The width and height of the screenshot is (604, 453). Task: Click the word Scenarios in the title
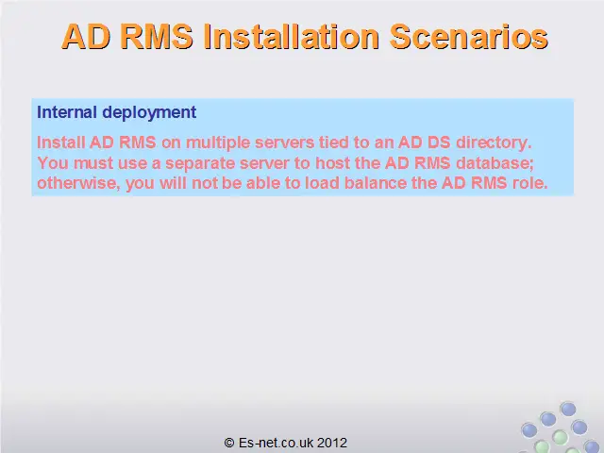point(468,37)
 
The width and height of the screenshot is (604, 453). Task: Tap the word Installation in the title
point(292,37)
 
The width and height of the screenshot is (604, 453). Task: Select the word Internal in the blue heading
point(67,112)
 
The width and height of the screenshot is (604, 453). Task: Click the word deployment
point(149,113)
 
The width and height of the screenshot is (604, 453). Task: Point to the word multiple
point(218,143)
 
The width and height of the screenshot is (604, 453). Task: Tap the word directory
point(494,143)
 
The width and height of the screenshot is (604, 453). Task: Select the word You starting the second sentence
point(53,163)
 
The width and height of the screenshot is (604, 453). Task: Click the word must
point(93,163)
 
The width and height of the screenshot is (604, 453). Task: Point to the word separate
point(200,164)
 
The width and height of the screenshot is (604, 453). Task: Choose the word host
point(333,163)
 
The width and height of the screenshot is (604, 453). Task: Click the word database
point(495,163)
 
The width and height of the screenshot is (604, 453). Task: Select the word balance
point(376,183)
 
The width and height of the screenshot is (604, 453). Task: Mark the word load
point(322,183)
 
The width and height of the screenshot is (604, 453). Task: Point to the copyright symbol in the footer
point(229,443)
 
